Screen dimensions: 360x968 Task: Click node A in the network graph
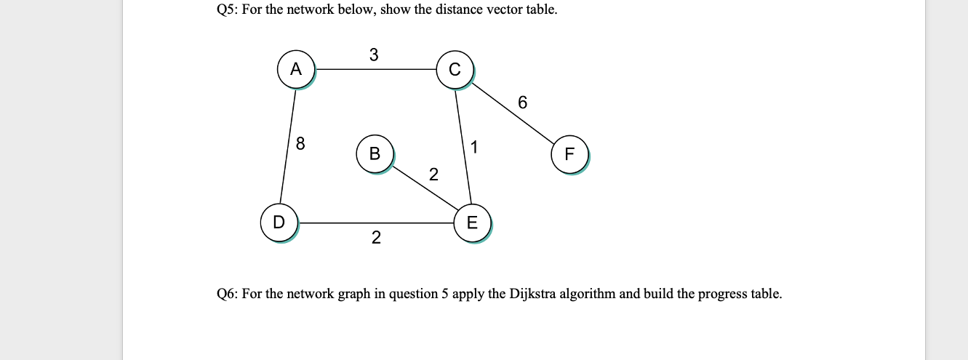pos(295,69)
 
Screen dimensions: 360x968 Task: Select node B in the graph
pos(375,153)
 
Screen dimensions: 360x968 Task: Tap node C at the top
pos(455,70)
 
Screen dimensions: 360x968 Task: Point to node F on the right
pos(569,154)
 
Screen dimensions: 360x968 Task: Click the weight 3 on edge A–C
pos(374,55)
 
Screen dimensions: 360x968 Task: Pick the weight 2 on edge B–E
pos(433,175)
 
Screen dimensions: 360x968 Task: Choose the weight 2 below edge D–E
pos(375,238)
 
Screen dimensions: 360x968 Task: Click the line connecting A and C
pos(375,70)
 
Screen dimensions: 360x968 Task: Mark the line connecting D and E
pos(375,223)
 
